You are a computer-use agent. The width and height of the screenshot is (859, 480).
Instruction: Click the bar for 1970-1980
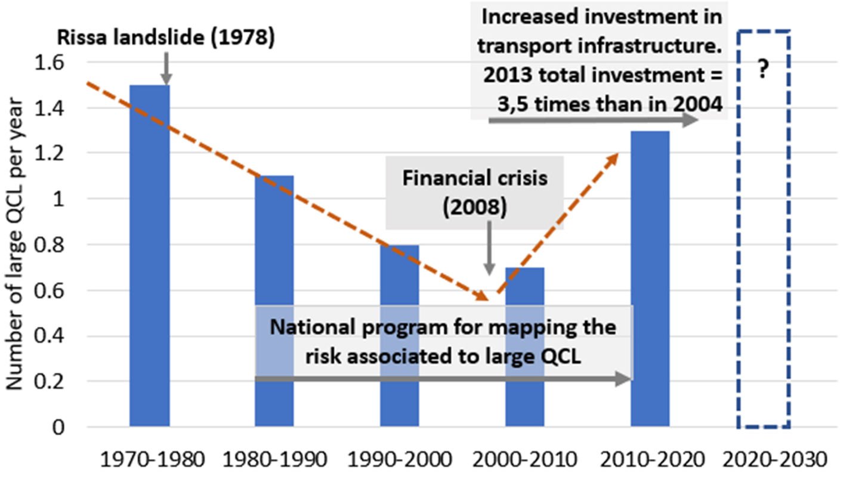[150, 256]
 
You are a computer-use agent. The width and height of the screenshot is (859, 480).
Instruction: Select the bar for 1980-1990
[274, 301]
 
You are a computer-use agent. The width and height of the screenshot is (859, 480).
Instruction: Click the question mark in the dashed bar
[763, 71]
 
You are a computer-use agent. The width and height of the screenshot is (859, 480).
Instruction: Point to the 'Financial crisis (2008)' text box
[475, 193]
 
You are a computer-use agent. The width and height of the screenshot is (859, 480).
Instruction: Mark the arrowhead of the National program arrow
[625, 379]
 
